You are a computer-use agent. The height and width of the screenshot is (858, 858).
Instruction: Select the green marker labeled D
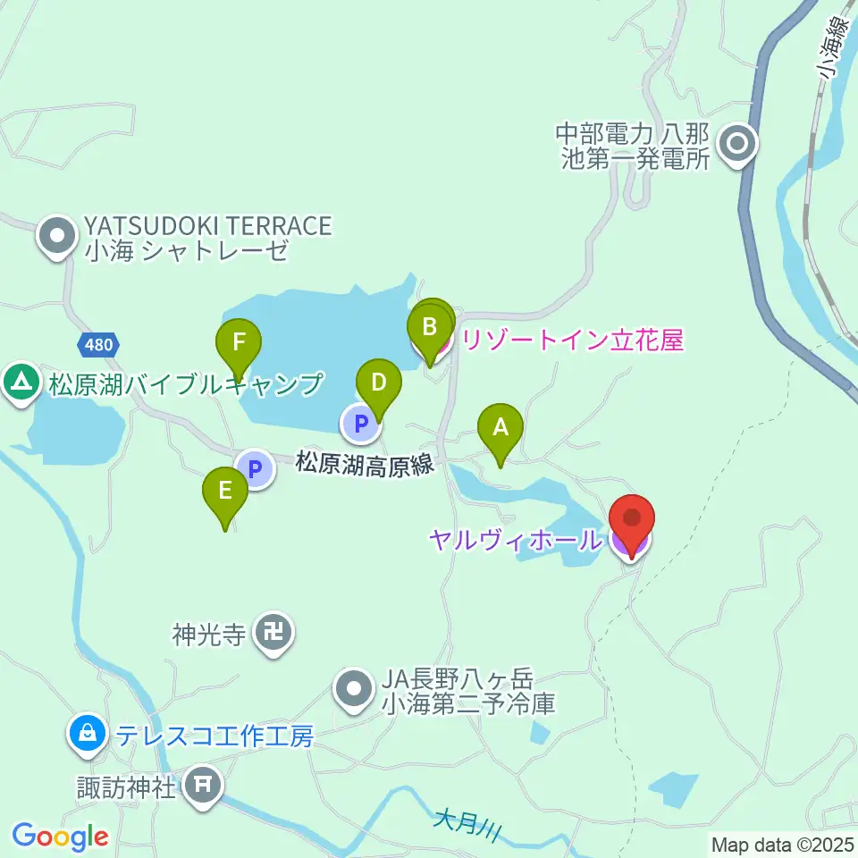[x=378, y=384]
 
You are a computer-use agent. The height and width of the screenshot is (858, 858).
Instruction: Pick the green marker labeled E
[x=225, y=491]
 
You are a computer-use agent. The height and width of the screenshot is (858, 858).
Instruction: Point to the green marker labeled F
[x=239, y=342]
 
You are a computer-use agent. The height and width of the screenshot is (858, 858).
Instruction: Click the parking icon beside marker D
[x=360, y=424]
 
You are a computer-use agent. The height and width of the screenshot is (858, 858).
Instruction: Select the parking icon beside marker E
[x=256, y=468]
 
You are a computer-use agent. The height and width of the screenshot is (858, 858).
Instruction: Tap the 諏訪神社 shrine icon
[x=203, y=786]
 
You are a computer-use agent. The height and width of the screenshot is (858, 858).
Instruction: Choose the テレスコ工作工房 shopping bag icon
[x=87, y=736]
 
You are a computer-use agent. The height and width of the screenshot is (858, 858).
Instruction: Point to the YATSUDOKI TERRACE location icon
[x=58, y=237]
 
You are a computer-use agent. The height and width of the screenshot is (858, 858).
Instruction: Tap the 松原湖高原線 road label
[x=365, y=465]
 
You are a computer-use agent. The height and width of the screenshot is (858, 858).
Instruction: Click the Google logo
[x=61, y=836]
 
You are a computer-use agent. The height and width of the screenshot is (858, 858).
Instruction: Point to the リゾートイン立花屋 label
[x=569, y=340]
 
